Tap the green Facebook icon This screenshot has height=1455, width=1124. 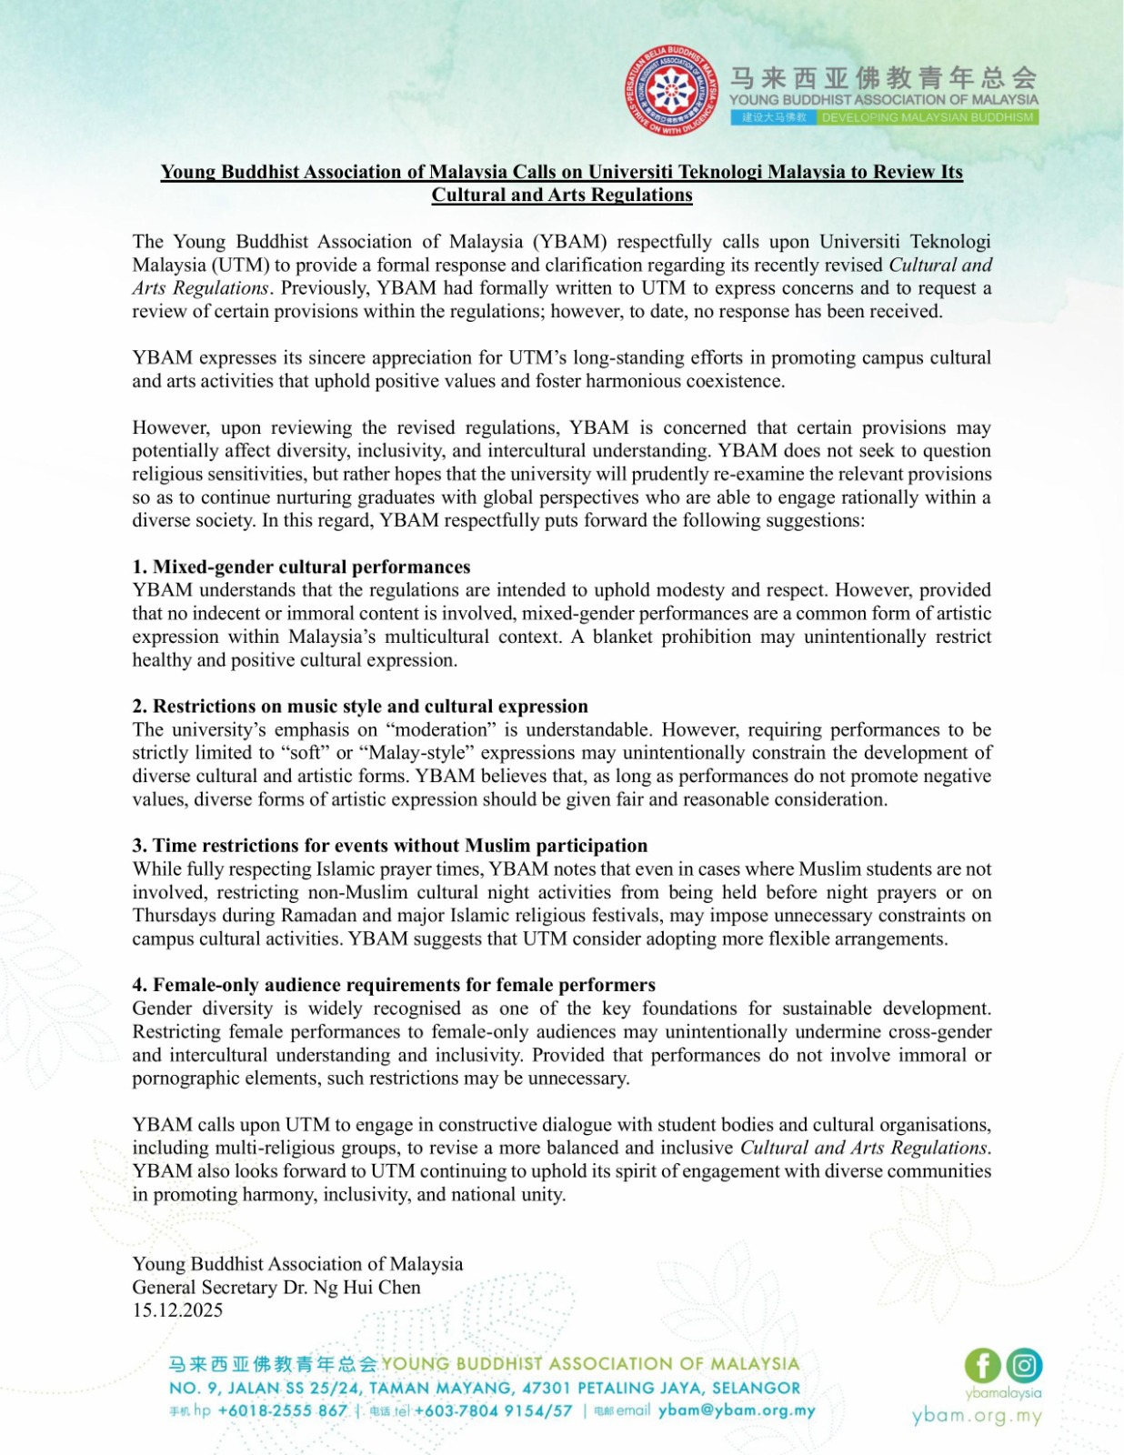(x=982, y=1365)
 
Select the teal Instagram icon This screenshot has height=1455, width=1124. (x=1024, y=1365)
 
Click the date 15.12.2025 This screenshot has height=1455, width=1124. (x=177, y=1310)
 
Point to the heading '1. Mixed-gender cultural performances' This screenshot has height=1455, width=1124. (x=301, y=567)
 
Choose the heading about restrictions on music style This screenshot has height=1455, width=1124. (x=360, y=706)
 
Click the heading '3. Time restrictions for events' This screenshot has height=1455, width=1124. (x=390, y=845)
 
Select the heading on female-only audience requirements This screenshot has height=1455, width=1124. (x=394, y=984)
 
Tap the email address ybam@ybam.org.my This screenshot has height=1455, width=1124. (x=737, y=1410)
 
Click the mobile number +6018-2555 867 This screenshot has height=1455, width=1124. (x=282, y=1410)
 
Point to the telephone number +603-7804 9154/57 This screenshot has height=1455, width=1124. (x=493, y=1410)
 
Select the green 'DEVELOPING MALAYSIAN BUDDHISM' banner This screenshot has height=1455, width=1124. (x=928, y=117)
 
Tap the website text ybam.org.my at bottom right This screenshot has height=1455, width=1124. (x=977, y=1416)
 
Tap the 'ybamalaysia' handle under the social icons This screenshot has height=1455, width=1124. (x=1003, y=1392)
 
